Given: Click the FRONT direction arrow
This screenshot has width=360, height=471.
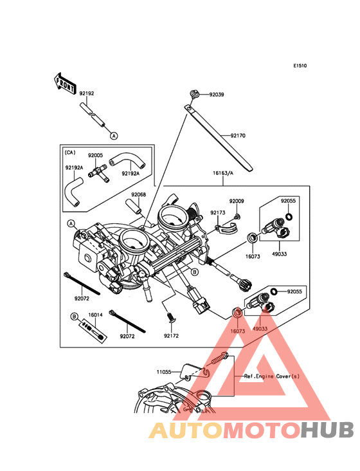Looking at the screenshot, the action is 64,84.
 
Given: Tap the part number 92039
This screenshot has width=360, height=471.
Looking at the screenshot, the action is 217,95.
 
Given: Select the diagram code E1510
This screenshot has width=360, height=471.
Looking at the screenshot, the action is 300,66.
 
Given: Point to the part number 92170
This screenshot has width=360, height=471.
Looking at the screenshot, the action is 238,136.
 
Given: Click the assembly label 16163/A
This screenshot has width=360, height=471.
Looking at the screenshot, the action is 223,173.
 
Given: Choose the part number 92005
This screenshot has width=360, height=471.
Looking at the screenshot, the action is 95,155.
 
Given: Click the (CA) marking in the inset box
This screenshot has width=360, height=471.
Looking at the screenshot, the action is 70,152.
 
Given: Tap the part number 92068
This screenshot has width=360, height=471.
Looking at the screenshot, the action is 138,195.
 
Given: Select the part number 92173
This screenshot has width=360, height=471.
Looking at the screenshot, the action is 218,213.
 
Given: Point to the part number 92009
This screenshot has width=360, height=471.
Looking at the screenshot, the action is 237,201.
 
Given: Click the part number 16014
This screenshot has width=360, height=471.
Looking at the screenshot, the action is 95,315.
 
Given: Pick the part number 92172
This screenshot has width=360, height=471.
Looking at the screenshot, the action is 171,336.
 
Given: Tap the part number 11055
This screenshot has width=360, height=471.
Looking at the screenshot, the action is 164,372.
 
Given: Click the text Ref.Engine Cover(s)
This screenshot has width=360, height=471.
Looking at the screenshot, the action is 272,376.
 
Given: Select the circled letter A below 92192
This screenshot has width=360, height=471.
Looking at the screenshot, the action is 114,136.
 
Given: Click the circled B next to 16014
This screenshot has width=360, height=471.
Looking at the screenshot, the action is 75,317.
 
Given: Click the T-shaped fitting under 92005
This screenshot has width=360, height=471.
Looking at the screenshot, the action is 98,174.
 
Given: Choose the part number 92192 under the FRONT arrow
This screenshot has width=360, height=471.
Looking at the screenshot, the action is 87,93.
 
